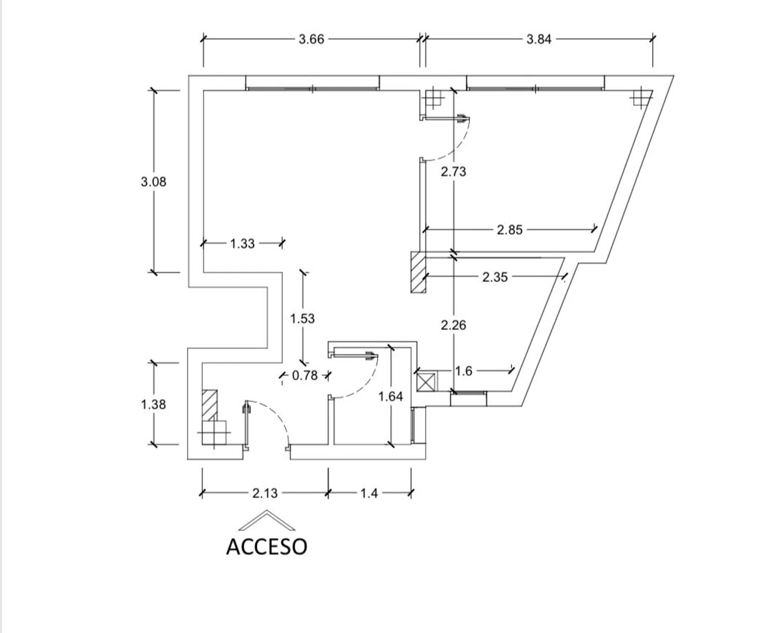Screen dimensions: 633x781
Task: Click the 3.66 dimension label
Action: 311,40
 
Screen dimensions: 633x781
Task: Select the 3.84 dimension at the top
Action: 539,40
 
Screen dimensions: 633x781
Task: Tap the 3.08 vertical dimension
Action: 154,182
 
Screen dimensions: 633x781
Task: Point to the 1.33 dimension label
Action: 243,244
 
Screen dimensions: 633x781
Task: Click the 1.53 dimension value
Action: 303,319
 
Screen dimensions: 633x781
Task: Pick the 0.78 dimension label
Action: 305,375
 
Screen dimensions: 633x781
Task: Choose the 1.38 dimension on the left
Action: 154,404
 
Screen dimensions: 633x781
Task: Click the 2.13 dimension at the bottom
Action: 265,493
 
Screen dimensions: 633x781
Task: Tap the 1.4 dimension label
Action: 369,493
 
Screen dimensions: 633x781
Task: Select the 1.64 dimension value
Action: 391,397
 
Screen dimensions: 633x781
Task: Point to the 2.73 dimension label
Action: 454,172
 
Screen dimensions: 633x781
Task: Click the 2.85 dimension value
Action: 510,230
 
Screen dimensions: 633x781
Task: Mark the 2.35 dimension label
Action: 495,277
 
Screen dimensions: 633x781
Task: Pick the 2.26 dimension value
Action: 454,325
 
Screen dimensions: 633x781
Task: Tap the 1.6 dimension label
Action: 463,371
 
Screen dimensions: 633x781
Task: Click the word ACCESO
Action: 267,547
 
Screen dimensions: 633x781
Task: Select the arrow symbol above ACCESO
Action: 267,519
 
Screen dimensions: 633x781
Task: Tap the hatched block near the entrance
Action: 210,404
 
